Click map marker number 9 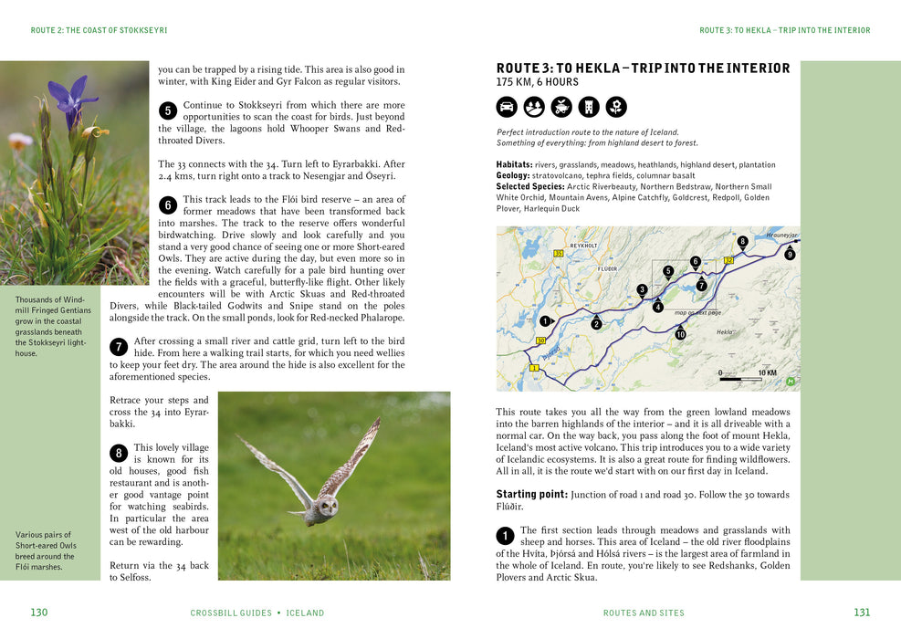coord(790,255)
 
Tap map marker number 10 coord(680,335)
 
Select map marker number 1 coord(545,320)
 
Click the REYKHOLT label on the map coord(583,246)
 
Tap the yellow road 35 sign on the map coord(558,253)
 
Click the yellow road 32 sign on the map coord(728,261)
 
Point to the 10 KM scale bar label coord(767,373)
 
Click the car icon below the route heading coord(507,108)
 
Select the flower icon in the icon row coord(616,108)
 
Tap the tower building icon coord(589,108)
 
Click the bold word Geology coord(512,175)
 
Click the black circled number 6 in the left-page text coord(167,205)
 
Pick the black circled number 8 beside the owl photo coord(119,454)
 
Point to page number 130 coord(38,613)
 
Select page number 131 coord(862,613)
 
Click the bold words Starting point coord(530,494)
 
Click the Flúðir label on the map coord(607,269)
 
